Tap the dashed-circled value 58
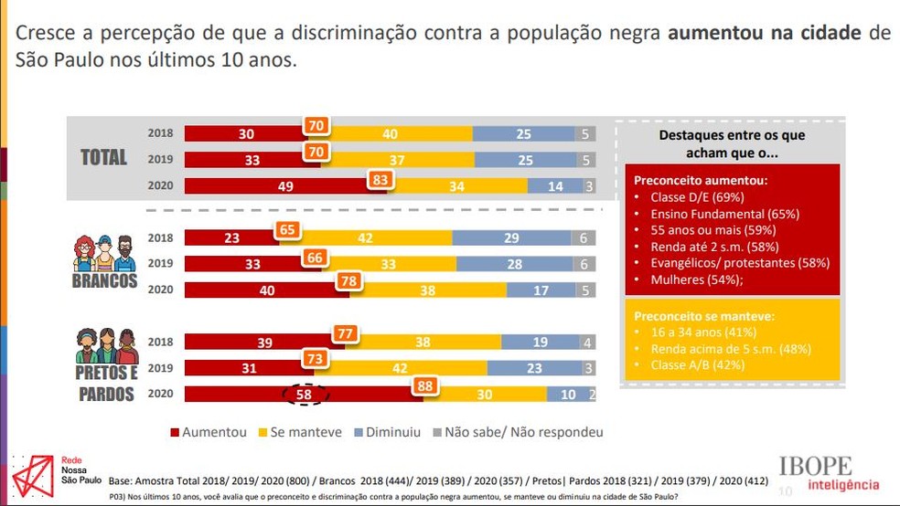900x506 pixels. [x=305, y=395]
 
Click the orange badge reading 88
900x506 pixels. [x=425, y=387]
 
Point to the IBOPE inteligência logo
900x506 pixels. [x=829, y=473]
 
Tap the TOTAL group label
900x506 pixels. [x=103, y=157]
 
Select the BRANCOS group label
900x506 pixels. [x=104, y=281]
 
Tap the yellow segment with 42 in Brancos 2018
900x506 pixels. [x=366, y=237]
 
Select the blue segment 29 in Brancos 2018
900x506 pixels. [x=510, y=237]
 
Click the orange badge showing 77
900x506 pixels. [x=345, y=334]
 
